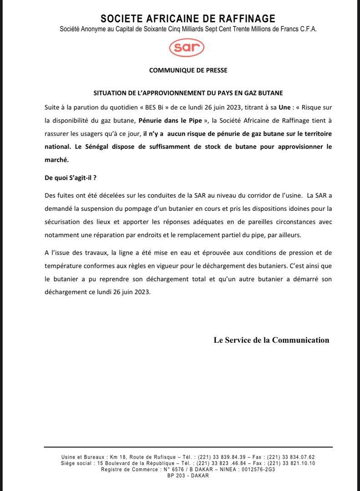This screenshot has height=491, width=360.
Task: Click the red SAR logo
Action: (x=186, y=47)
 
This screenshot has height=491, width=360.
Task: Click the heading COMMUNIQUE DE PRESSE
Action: (x=188, y=70)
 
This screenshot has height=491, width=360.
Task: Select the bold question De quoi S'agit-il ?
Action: (x=70, y=178)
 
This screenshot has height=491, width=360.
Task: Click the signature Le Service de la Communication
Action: (x=271, y=340)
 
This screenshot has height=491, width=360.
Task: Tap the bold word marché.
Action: (x=56, y=160)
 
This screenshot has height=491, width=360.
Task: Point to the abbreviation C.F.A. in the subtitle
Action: (x=306, y=29)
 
